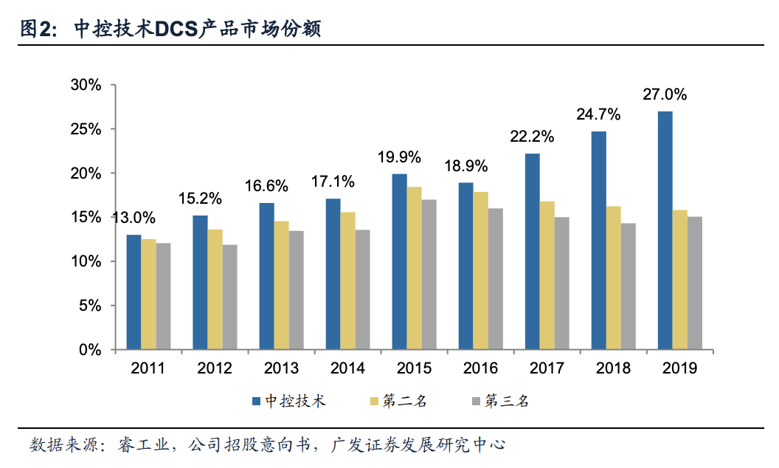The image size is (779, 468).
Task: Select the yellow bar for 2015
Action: pyautogui.click(x=414, y=268)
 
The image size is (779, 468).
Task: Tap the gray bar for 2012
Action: pyautogui.click(x=229, y=297)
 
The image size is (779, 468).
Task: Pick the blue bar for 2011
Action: pyautogui.click(x=134, y=292)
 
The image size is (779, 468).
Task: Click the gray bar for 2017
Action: pyautogui.click(x=561, y=283)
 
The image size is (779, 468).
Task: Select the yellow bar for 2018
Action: pyautogui.click(x=613, y=278)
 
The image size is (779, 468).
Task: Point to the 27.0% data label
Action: pyautogui.click(x=665, y=94)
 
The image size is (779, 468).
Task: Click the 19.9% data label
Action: pyautogui.click(x=399, y=156)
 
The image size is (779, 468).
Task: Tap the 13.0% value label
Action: pyautogui.click(x=134, y=218)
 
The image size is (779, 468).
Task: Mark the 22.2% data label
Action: pyautogui.click(x=532, y=137)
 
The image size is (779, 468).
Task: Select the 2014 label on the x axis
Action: pyautogui.click(x=347, y=368)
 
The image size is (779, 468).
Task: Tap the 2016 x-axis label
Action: pyautogui.click(x=480, y=368)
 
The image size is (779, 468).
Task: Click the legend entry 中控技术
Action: pyautogui.click(x=295, y=401)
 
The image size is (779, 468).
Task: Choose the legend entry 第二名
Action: pyautogui.click(x=404, y=401)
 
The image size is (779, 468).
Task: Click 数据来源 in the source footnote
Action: pyautogui.click(x=58, y=445)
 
